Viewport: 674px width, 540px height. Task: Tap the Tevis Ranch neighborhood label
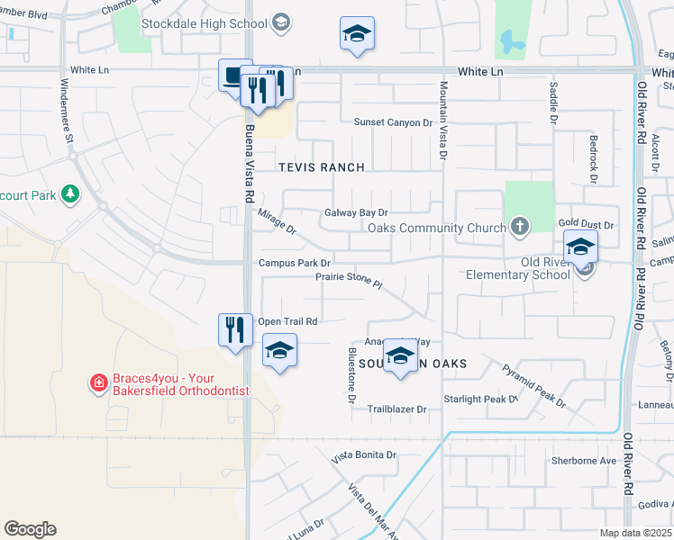click(322, 167)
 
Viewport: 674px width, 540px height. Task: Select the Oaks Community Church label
click(437, 228)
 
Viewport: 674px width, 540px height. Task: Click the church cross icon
click(520, 227)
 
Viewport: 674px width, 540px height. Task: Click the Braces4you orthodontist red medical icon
click(98, 384)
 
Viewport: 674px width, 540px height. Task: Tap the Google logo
click(30, 529)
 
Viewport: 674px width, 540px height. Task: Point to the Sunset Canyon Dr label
click(393, 122)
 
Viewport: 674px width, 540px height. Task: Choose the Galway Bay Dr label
click(356, 213)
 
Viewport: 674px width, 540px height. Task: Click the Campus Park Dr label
click(295, 263)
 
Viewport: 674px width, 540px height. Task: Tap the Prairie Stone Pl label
click(350, 281)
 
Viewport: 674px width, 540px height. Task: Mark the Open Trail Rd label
click(287, 321)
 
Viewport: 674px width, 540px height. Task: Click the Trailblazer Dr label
click(396, 409)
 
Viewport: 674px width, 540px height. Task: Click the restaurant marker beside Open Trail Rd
click(235, 329)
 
